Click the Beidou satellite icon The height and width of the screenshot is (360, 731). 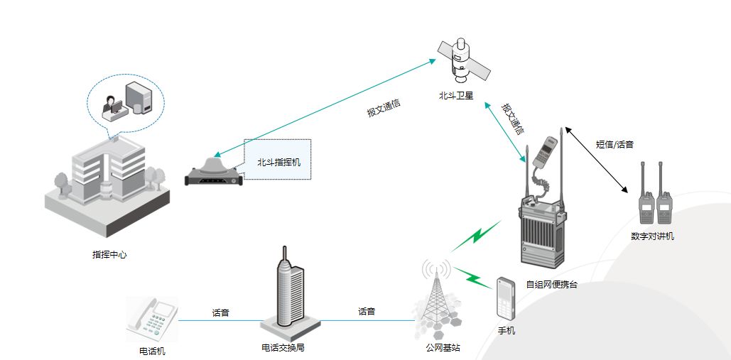click(x=462, y=60)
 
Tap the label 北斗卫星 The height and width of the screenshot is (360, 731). click(x=456, y=96)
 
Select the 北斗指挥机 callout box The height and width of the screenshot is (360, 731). click(x=278, y=162)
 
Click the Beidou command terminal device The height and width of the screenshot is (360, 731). click(x=212, y=171)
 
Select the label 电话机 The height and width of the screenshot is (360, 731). click(x=152, y=350)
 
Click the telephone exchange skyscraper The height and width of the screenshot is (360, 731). click(x=289, y=294)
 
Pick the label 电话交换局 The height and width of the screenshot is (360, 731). click(x=283, y=348)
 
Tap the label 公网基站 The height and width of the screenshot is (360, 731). click(x=443, y=348)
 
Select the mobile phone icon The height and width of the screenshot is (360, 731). click(x=505, y=298)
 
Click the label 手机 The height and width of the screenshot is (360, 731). click(x=507, y=331)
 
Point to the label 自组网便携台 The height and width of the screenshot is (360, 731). click(x=551, y=285)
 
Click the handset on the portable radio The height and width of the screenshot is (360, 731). click(x=545, y=153)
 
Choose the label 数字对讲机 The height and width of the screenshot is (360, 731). click(x=652, y=236)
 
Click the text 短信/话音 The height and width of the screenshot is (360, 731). click(x=614, y=144)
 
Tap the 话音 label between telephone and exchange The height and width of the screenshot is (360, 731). click(x=221, y=312)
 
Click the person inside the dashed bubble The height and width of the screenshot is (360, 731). click(x=112, y=106)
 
